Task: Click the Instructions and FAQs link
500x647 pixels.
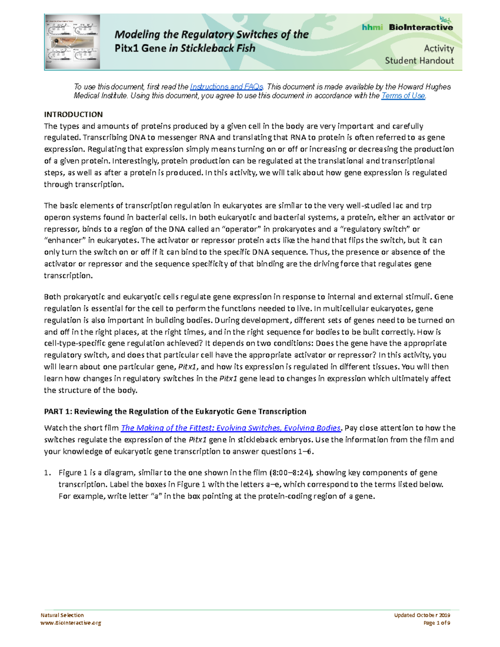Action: point(226,87)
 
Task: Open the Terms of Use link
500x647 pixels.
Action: point(403,96)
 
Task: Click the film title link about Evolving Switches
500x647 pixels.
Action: point(231,428)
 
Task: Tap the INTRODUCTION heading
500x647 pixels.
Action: point(73,114)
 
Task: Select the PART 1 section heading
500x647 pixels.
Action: point(175,411)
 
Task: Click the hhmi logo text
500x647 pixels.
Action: point(372,27)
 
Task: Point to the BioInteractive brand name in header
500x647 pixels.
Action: point(420,27)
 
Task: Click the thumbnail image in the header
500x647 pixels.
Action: point(72,42)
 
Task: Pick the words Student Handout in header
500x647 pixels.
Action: point(419,60)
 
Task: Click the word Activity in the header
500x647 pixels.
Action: point(439,48)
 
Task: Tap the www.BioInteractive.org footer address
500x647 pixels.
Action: point(70,623)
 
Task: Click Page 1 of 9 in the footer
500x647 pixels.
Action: point(436,623)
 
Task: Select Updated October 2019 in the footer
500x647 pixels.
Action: point(422,615)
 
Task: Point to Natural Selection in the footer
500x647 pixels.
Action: point(62,615)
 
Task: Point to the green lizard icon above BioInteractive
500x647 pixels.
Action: point(445,19)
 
